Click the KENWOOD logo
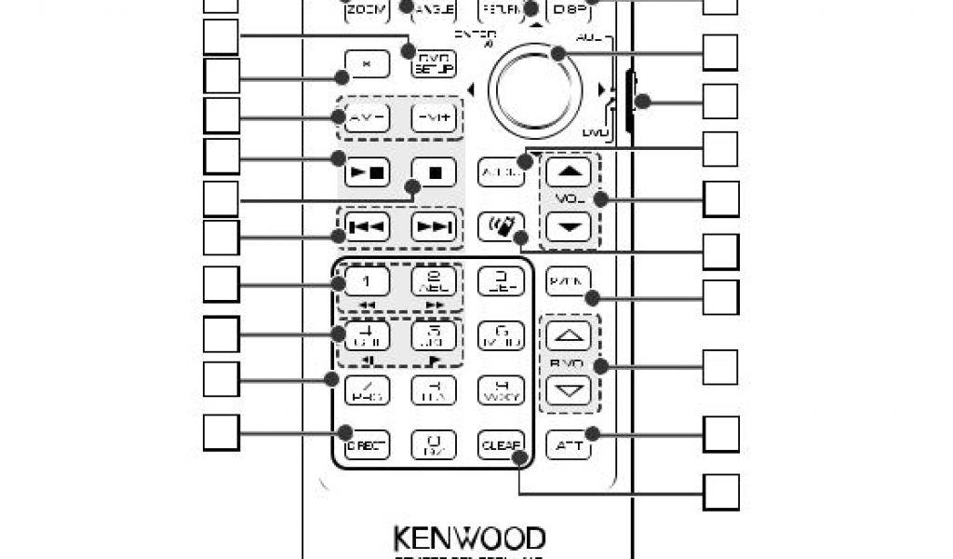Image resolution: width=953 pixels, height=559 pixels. (x=469, y=539)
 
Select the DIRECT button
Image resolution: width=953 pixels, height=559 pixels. (x=365, y=445)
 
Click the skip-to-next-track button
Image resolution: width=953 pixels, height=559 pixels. (x=433, y=226)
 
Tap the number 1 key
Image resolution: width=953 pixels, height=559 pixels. (x=366, y=280)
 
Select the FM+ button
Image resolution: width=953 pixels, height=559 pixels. (x=433, y=118)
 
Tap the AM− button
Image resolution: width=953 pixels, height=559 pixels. (x=362, y=118)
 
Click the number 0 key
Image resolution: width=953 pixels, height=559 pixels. (x=433, y=445)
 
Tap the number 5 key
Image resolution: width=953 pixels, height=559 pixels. (x=433, y=335)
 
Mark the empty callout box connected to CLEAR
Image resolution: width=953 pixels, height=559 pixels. (x=720, y=491)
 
